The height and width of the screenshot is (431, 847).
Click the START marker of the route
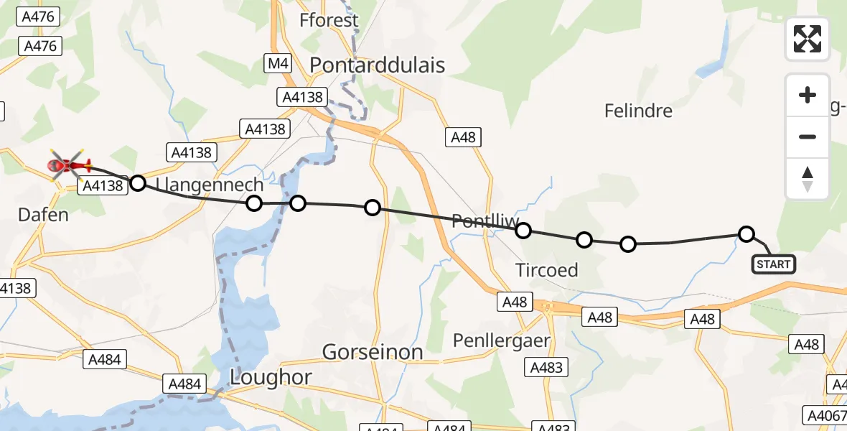(773, 264)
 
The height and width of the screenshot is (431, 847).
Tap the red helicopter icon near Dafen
(68, 165)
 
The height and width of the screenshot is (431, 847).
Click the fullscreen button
(808, 39)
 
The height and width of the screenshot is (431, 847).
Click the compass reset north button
(808, 179)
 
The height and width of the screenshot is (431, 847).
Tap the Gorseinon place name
(373, 352)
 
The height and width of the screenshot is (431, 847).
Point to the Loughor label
(271, 377)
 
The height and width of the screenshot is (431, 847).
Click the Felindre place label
(638, 111)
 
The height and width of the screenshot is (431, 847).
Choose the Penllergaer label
(502, 340)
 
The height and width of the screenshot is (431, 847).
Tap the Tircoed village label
(547, 269)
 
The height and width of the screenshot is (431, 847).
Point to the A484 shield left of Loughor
(184, 384)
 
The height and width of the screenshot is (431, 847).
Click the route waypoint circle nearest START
(747, 233)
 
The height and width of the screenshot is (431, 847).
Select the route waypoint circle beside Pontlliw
(523, 230)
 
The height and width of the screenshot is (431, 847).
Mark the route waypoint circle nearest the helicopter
(138, 183)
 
